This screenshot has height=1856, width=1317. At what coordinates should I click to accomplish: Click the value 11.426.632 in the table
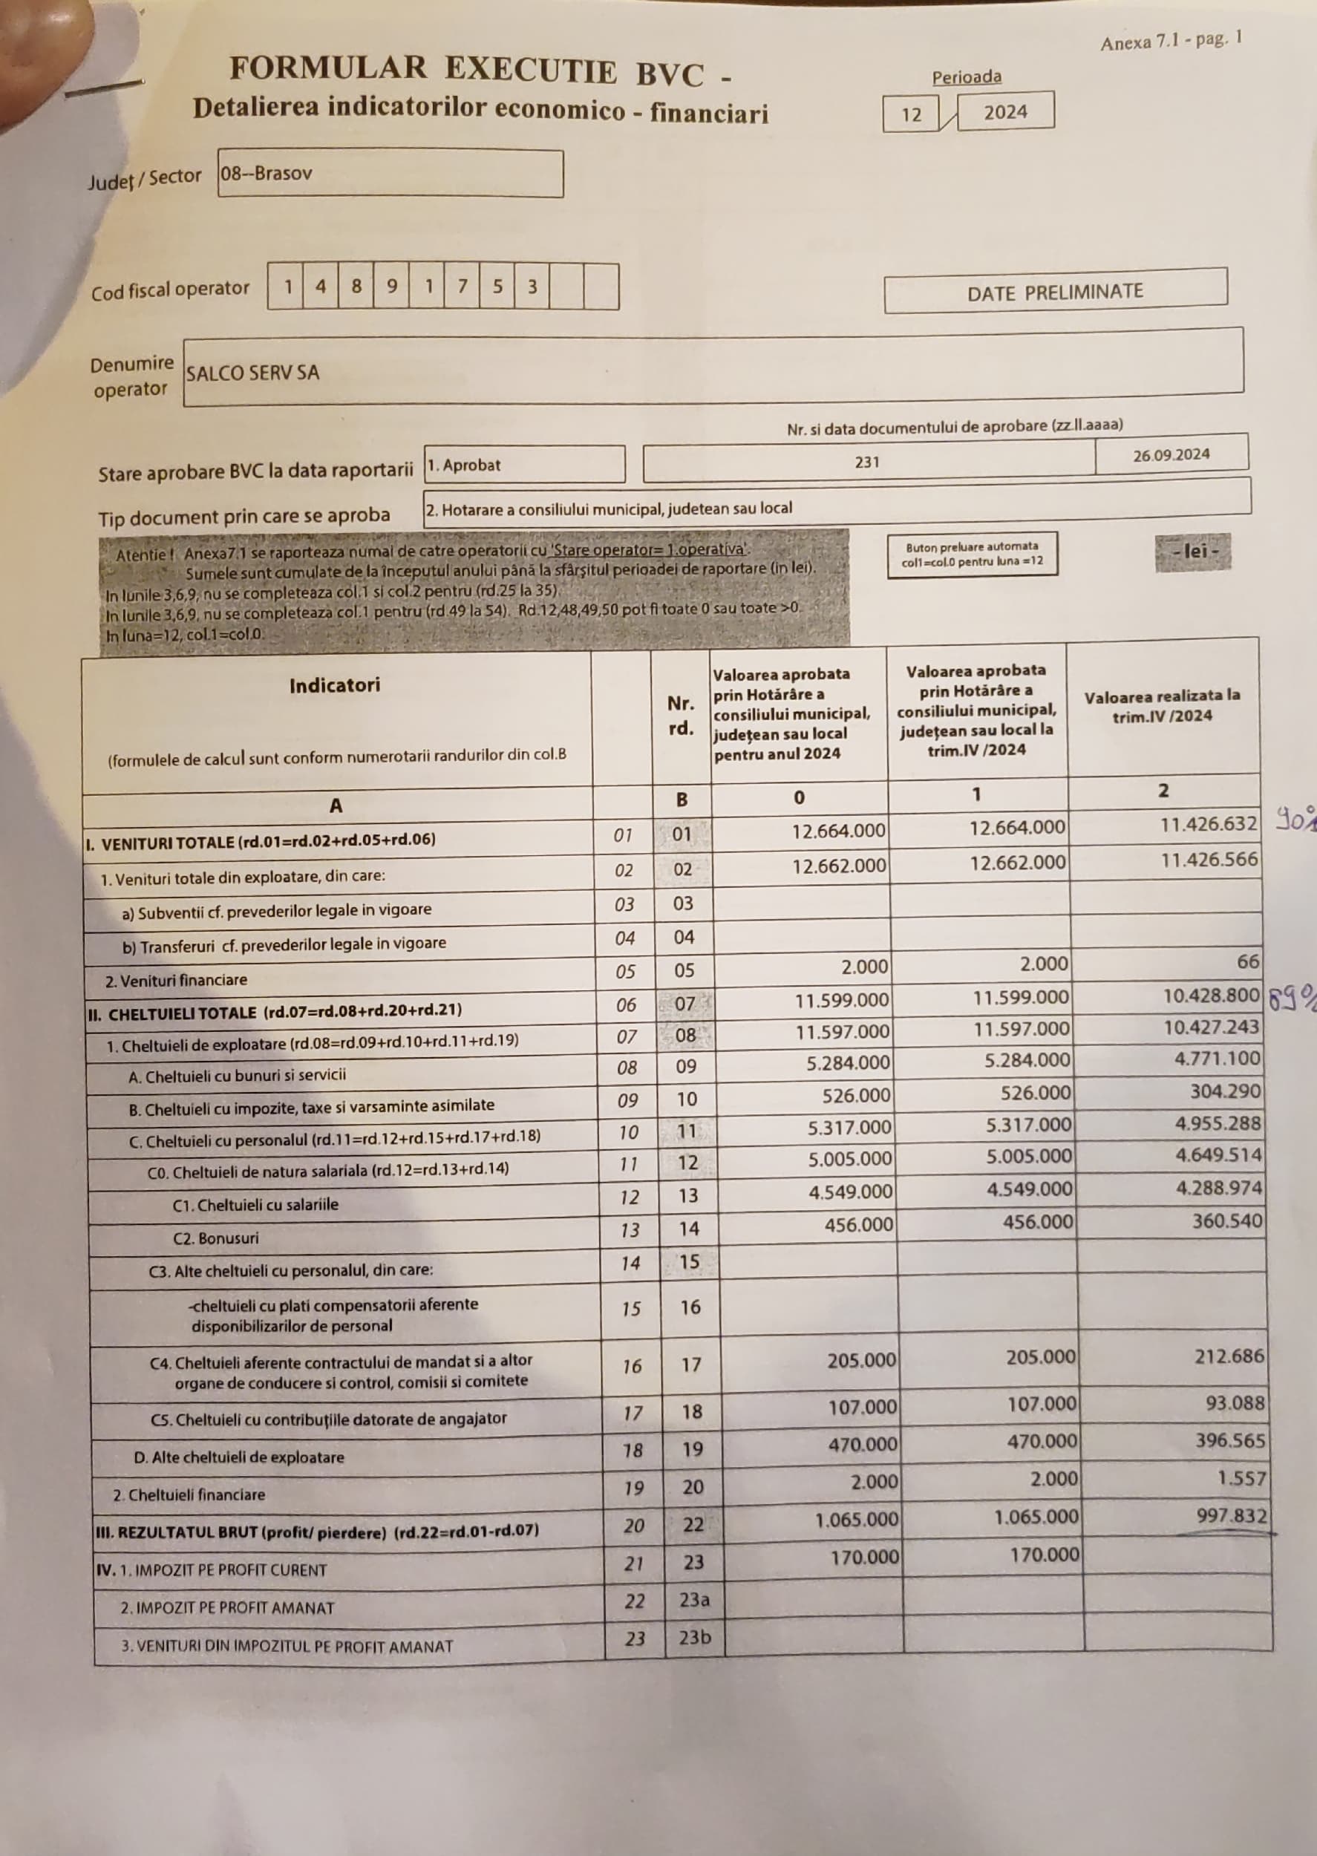(1209, 824)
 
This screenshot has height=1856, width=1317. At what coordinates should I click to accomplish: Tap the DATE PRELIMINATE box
(1054, 292)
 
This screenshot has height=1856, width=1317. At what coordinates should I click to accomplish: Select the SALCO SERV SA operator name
(253, 373)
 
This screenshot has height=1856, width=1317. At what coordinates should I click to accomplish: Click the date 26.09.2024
(1171, 455)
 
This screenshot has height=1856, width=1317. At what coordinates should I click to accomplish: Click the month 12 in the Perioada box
(912, 114)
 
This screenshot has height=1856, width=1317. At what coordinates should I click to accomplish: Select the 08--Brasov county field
(267, 173)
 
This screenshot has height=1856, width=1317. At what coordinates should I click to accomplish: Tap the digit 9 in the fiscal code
(392, 287)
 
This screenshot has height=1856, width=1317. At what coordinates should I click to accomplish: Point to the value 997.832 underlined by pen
(1231, 1514)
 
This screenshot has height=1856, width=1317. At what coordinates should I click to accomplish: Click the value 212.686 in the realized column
(1229, 1356)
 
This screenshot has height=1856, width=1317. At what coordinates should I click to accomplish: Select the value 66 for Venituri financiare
(1248, 961)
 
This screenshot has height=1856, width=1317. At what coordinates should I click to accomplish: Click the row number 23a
(694, 1600)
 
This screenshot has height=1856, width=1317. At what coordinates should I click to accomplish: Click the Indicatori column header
(334, 685)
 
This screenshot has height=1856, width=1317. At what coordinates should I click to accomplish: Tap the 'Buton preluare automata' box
(972, 554)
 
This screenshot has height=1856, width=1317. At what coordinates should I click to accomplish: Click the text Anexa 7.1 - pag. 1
(1170, 42)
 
